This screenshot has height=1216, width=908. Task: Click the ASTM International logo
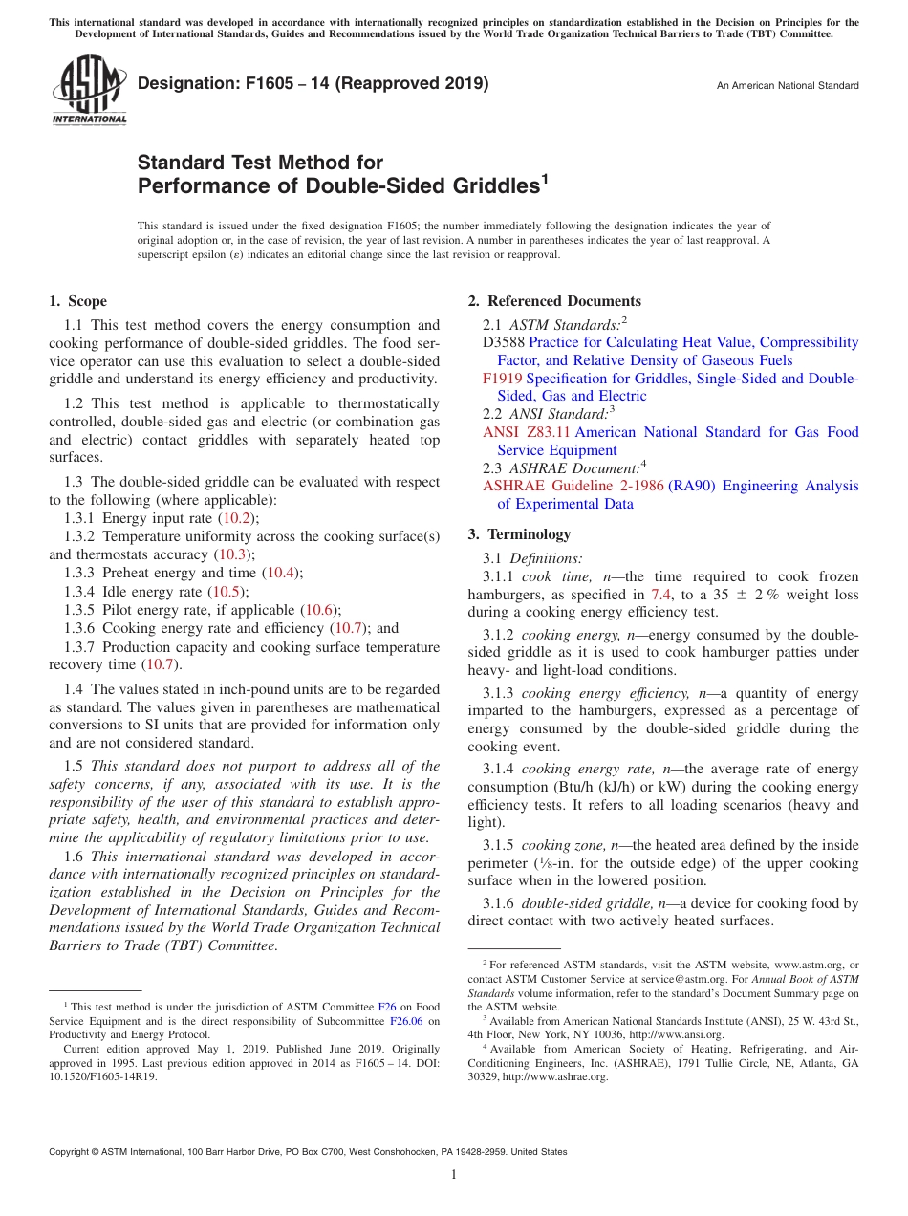point(88,91)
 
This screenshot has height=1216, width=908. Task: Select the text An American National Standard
point(788,86)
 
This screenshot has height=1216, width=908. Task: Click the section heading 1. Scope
point(77,301)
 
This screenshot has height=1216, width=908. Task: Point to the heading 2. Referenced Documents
point(554,301)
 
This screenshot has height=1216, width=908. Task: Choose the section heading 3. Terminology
point(519,534)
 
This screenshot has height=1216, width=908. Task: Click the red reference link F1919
point(502,379)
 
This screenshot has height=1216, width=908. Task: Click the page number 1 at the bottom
point(454,1175)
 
